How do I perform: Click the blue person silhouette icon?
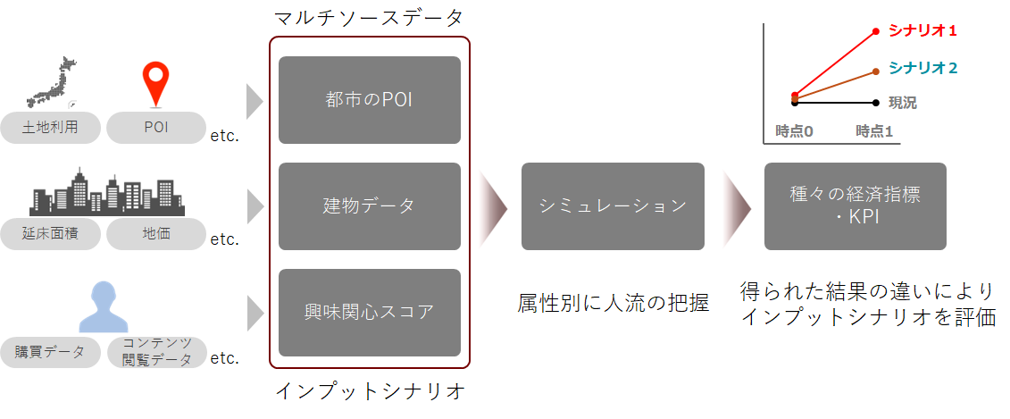pos(104,306)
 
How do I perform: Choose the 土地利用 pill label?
pos(50,128)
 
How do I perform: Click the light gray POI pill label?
pos(155,128)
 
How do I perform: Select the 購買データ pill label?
pos(50,352)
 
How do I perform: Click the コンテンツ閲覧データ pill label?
pos(156,352)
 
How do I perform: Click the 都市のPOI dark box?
pos(369,100)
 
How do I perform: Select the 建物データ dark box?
pos(369,206)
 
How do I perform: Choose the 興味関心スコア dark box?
pos(369,312)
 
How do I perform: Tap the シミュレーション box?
pos(613,206)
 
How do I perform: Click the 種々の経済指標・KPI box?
pos(855,206)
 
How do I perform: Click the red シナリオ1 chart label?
pos(922,31)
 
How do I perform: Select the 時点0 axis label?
pos(794,131)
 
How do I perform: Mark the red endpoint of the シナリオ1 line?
pos(876,32)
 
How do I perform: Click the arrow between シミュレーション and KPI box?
pos(736,206)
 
